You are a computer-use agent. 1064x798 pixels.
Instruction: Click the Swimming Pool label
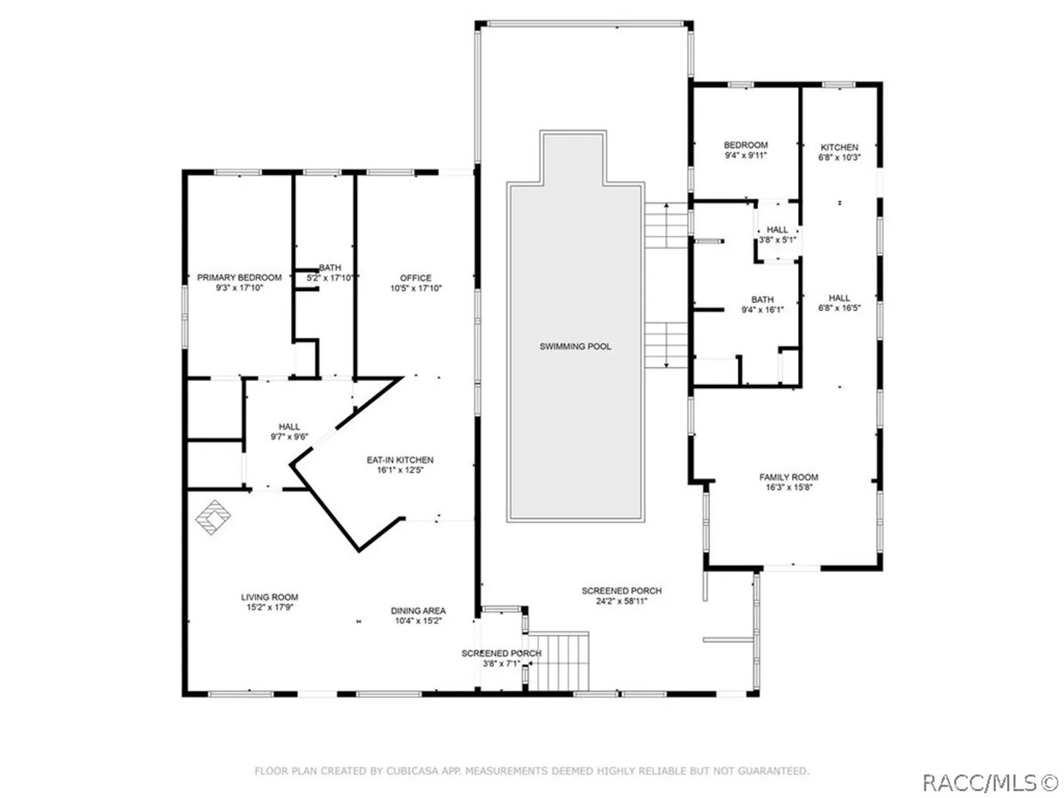click(575, 347)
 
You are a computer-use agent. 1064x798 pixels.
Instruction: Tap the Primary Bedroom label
click(239, 278)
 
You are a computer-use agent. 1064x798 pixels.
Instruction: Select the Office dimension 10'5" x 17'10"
click(416, 288)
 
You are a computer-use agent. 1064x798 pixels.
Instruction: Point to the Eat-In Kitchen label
click(400, 460)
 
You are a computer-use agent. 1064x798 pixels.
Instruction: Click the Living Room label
click(270, 598)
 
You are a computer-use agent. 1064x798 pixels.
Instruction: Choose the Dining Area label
click(418, 611)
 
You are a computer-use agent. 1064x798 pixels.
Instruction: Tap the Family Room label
click(788, 477)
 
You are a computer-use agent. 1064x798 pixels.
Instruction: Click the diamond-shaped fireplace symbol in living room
click(213, 517)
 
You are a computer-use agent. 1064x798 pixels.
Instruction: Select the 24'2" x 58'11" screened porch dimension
click(621, 601)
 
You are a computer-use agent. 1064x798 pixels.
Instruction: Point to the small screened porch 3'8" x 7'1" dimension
click(501, 664)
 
